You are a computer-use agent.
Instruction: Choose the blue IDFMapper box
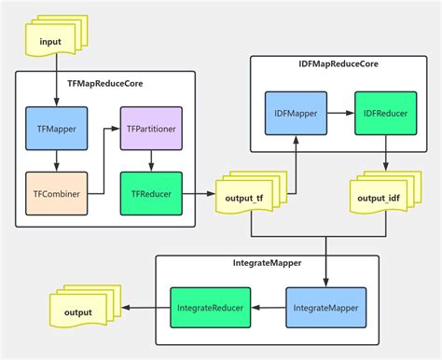[x=294, y=113]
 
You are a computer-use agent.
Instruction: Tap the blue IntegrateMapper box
[x=325, y=307]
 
